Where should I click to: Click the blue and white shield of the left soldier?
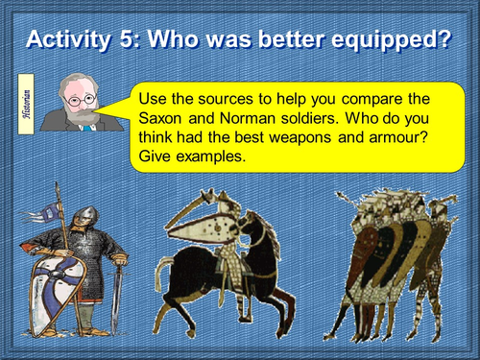pos(53,288)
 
